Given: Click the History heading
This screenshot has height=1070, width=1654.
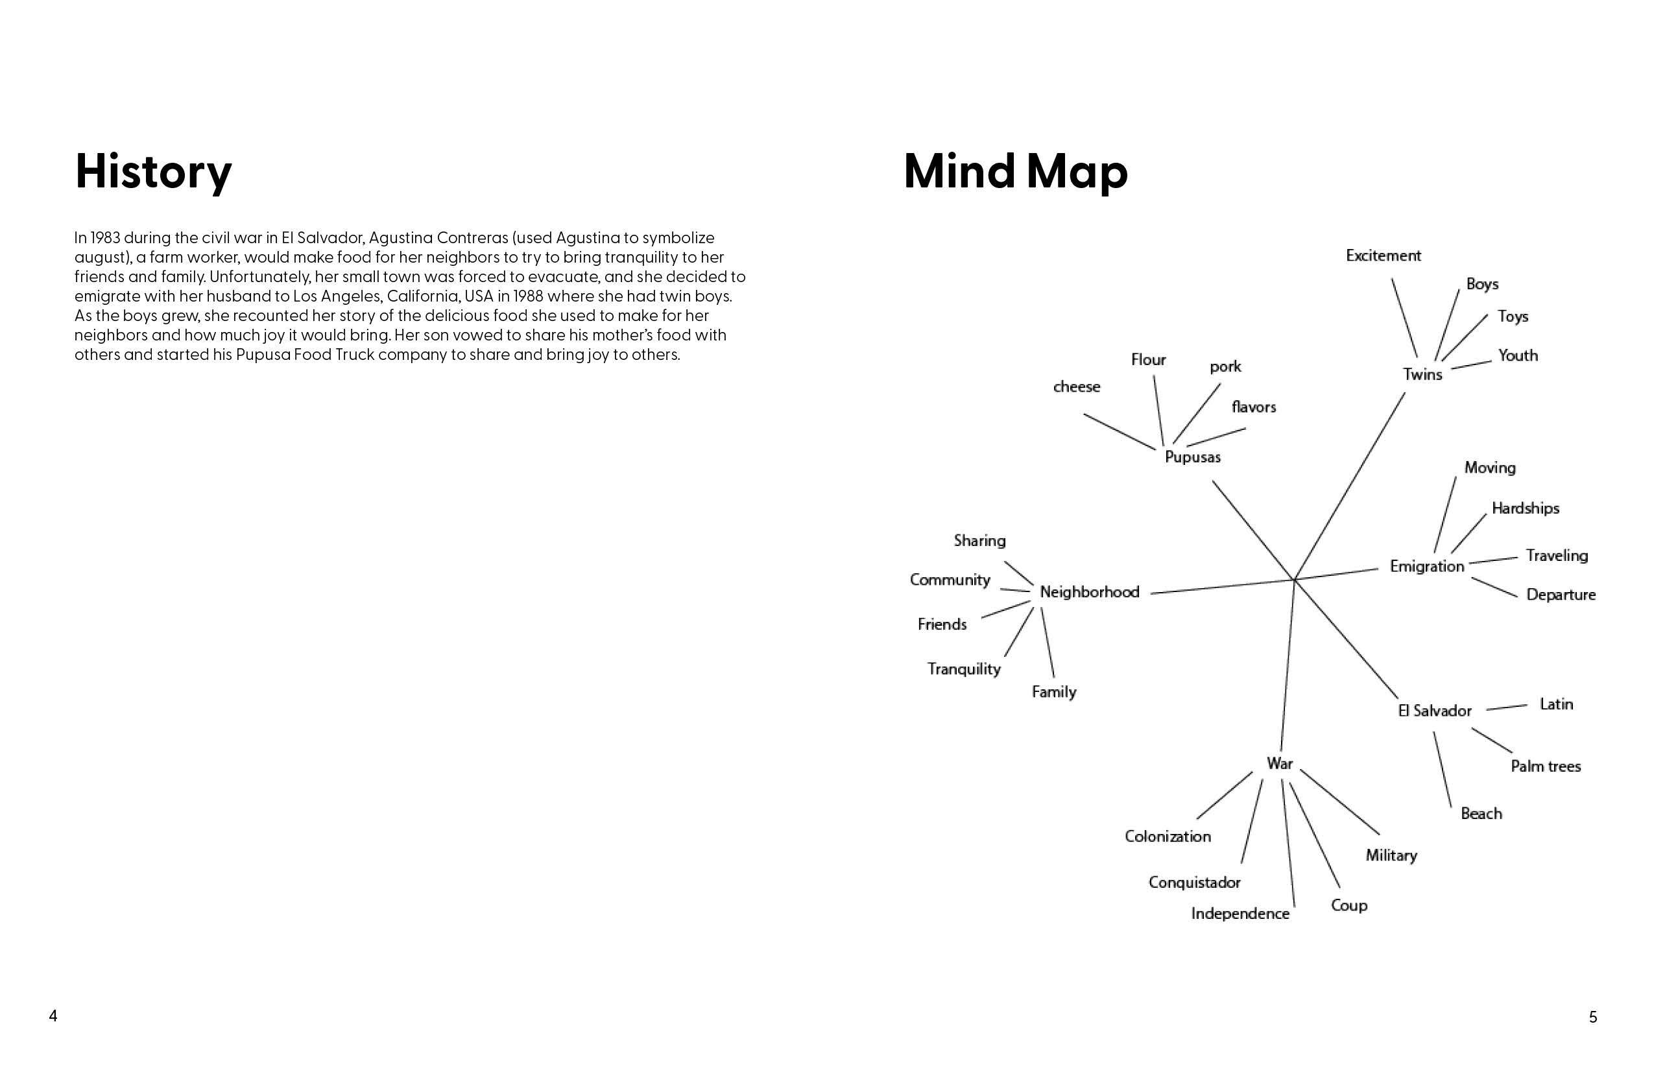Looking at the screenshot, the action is click(x=153, y=172).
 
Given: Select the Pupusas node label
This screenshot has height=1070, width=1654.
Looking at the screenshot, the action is click(x=1193, y=457).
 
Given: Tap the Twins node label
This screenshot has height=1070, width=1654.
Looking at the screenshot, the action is click(x=1422, y=375).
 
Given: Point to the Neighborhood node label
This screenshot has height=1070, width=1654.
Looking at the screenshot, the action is click(x=1089, y=592).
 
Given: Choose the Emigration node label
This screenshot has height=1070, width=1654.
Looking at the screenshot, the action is click(x=1427, y=566).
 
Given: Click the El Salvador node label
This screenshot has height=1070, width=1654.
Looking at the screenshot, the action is click(x=1434, y=711).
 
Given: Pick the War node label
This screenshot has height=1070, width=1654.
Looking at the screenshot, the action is click(x=1279, y=764).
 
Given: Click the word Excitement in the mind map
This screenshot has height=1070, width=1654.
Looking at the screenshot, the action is click(x=1383, y=256).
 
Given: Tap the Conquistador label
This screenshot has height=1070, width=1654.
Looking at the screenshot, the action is click(x=1194, y=883).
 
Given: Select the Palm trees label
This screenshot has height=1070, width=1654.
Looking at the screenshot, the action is click(x=1546, y=767).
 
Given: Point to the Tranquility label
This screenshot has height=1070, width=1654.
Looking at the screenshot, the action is click(x=963, y=669).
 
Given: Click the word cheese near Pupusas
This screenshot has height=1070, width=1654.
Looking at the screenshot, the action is click(x=1077, y=387).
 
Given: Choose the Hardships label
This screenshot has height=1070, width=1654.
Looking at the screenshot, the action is click(x=1526, y=508).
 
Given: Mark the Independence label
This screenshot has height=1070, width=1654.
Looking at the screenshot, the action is click(x=1240, y=914).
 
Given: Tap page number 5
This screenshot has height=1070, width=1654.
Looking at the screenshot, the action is click(x=1593, y=1017).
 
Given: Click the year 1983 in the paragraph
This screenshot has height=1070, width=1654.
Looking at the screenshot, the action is click(x=105, y=237).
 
